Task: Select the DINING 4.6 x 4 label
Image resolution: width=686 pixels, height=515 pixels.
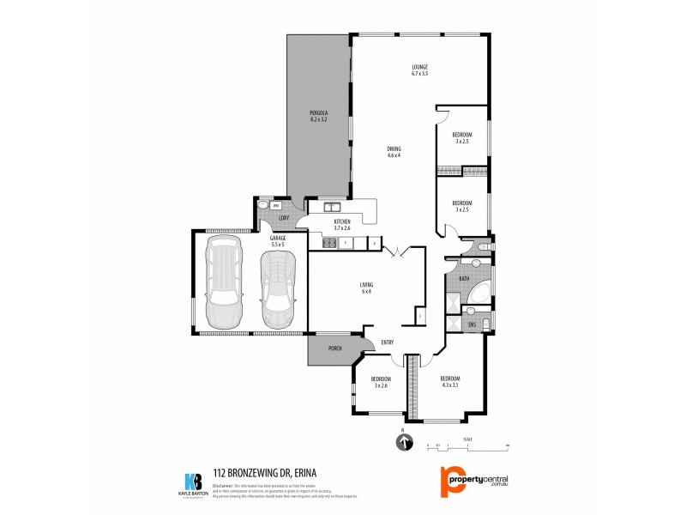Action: [394, 152]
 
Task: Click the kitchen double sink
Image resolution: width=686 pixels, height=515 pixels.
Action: [331, 207]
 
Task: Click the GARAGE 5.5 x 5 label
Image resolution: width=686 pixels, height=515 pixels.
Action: [278, 242]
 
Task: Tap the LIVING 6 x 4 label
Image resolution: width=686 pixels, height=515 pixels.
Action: [366, 288]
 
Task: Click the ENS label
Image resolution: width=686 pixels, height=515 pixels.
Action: [472, 325]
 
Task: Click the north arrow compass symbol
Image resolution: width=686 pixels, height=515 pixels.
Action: [403, 443]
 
